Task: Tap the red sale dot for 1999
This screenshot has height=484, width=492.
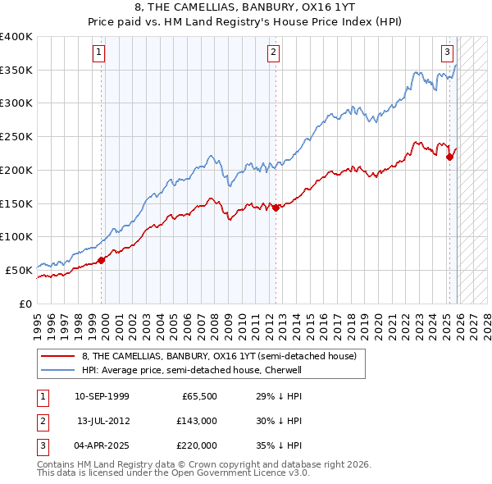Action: [101, 260]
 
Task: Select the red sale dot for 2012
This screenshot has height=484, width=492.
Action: [276, 208]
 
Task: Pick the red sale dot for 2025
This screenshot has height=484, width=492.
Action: [449, 157]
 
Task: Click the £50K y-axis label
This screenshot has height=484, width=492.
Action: [19, 270]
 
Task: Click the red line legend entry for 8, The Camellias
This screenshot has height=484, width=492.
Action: [218, 357]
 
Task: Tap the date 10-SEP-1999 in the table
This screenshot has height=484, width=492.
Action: [102, 395]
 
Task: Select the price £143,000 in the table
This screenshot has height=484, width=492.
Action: [196, 421]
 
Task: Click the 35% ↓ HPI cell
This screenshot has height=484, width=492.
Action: [279, 445]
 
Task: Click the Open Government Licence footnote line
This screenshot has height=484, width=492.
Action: [174, 473]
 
